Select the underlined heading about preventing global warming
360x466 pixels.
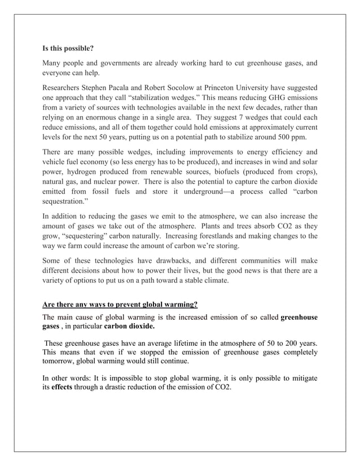[120, 305]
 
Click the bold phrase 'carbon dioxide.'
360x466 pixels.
[129, 327]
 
